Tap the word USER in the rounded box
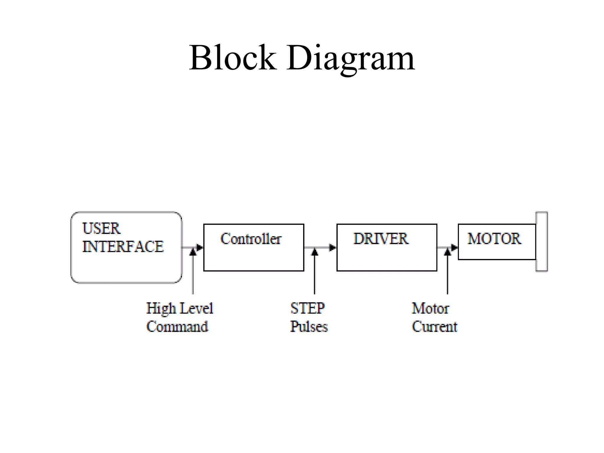(101, 229)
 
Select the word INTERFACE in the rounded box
(123, 247)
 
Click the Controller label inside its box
(251, 239)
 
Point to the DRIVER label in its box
(381, 239)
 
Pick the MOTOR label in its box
(494, 239)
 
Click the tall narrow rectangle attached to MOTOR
(541, 242)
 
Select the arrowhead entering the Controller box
(200, 247)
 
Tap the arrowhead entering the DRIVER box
(333, 247)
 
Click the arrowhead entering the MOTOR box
(454, 247)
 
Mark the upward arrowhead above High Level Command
(193, 252)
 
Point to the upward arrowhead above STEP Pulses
(315, 252)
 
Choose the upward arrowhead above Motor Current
(447, 252)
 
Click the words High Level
(179, 309)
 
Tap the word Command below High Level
(177, 327)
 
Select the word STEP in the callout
(307, 308)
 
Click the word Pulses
(309, 327)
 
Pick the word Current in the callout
(434, 327)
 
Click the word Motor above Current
(430, 308)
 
